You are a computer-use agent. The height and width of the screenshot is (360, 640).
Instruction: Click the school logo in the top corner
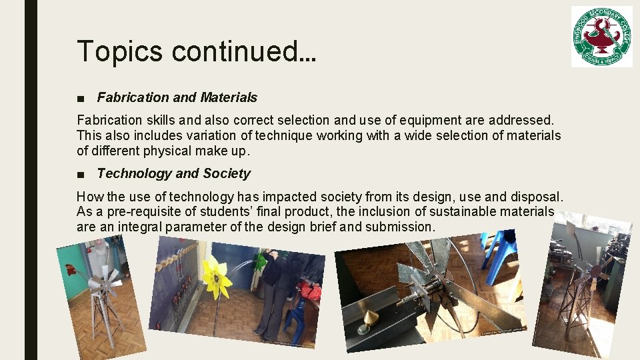pyautogui.click(x=601, y=37)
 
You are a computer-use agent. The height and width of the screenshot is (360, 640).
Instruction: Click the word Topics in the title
pyautogui.click(x=118, y=51)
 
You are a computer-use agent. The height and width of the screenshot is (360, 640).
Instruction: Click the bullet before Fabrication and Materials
pyautogui.click(x=80, y=98)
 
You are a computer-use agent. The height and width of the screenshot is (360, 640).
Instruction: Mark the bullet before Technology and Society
pyautogui.click(x=80, y=174)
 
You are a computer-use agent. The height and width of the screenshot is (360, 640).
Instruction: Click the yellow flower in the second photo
pyautogui.click(x=216, y=277)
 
